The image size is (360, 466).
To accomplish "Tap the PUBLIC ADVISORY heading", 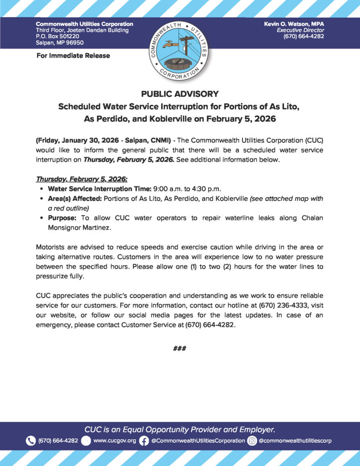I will tap(180, 94).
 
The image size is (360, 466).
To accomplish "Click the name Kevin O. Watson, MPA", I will tap(294, 24).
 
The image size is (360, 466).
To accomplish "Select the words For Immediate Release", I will tap(73, 56).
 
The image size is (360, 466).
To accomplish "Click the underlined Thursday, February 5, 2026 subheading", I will tap(81, 180).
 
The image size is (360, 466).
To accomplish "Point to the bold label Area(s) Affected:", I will tap(75, 199).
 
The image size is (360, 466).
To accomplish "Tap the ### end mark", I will tap(180, 349).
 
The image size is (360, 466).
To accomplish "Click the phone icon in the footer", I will tap(31, 441).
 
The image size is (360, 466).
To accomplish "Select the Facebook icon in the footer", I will tap(144, 441).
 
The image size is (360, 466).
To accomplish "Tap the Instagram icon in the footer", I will tap(252, 441).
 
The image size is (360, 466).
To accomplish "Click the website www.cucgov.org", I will tap(115, 441).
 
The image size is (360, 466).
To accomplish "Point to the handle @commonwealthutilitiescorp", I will tap(295, 441).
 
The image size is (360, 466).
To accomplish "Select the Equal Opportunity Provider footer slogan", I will tap(180, 429).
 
